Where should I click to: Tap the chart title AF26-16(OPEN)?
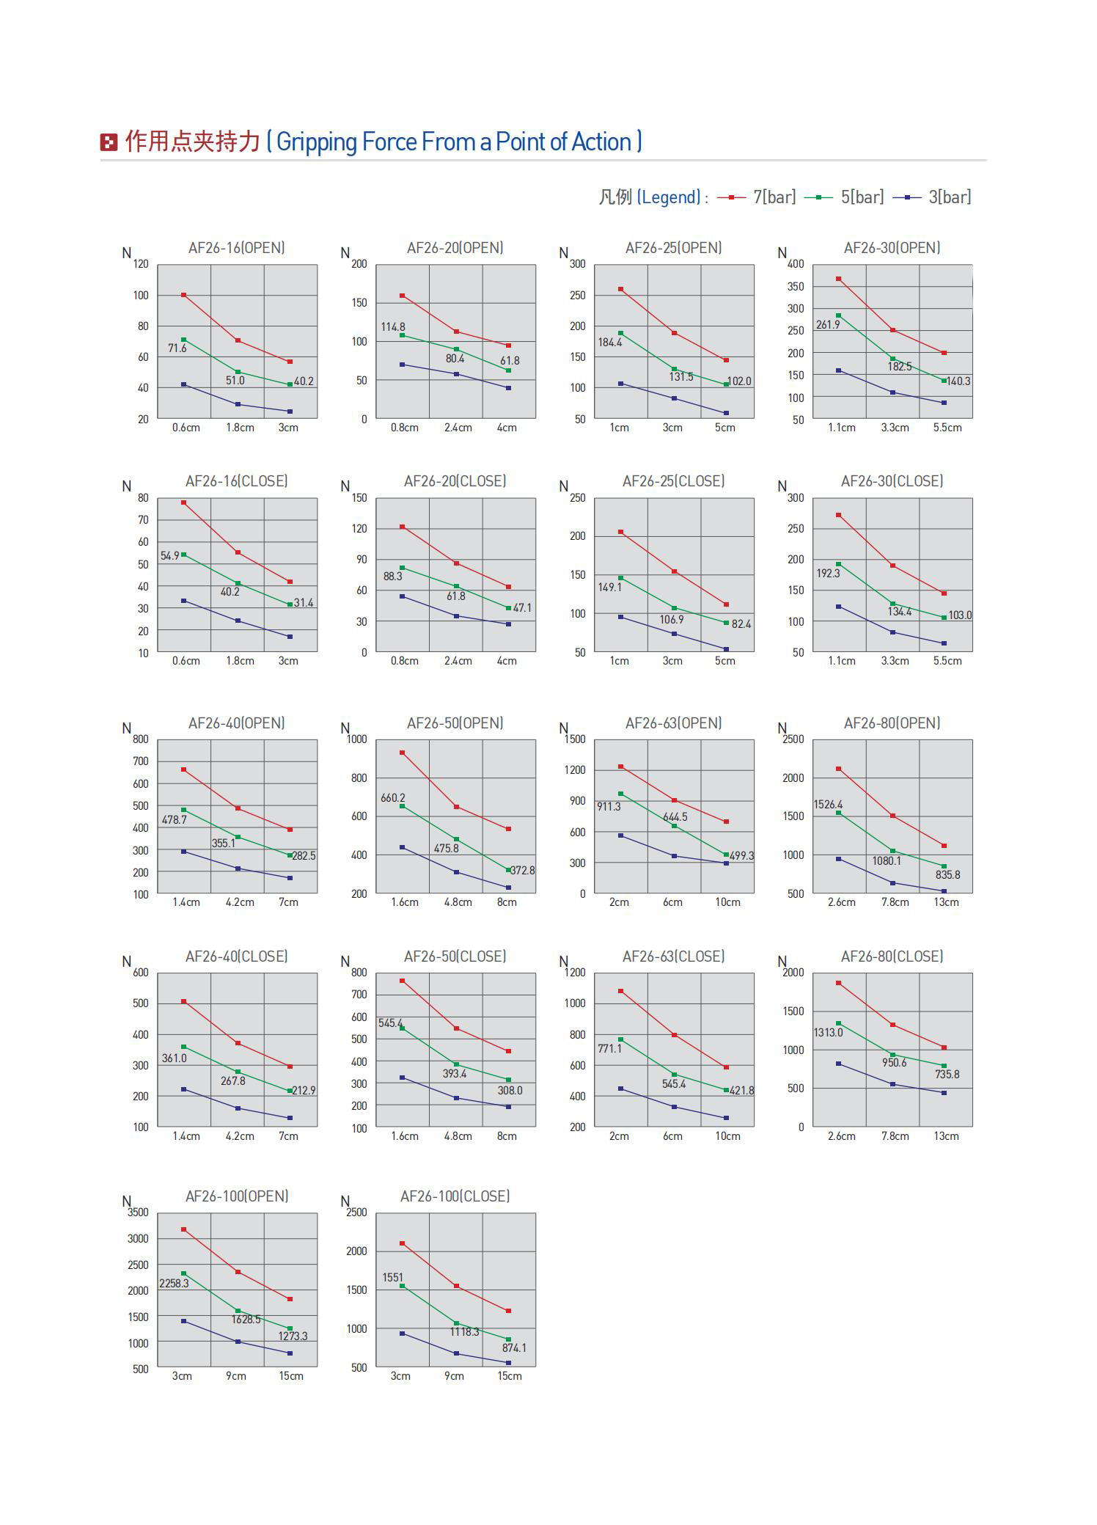tap(237, 248)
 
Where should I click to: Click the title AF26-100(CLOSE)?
tap(455, 1196)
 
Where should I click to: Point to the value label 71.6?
tap(177, 348)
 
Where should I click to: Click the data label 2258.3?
tap(174, 1283)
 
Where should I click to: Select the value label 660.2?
tap(392, 798)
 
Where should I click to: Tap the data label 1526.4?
tap(828, 805)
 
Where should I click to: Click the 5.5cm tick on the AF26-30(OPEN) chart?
tap(947, 428)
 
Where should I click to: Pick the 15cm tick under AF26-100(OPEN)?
tap(291, 1376)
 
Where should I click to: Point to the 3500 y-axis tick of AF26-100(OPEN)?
tap(138, 1213)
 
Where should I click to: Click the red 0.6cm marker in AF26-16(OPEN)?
tap(183, 295)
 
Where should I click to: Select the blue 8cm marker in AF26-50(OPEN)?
tap(508, 888)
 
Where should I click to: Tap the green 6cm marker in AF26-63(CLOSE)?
tap(674, 1075)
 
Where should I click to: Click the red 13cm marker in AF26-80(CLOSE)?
tap(944, 1047)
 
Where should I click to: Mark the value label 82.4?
tap(741, 624)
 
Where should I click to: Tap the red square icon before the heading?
tap(109, 142)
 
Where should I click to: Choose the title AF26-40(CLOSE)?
tap(237, 957)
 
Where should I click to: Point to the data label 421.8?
tap(741, 1091)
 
